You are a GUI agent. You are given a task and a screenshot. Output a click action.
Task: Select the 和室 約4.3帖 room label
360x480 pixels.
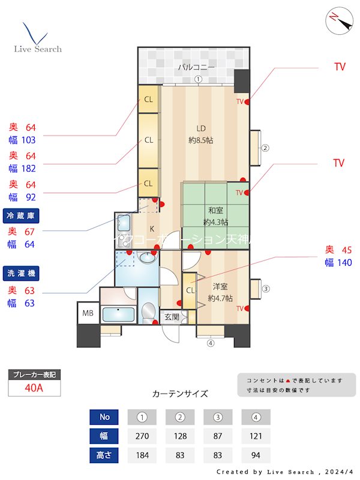(x=215, y=216)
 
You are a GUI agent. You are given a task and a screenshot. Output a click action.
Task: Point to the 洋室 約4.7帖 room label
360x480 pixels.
(x=220, y=292)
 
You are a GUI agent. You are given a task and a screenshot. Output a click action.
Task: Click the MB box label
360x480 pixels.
(x=88, y=313)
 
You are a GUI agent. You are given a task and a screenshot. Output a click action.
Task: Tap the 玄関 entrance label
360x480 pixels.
(x=171, y=317)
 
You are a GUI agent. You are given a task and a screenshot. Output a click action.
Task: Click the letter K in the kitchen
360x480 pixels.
(x=152, y=228)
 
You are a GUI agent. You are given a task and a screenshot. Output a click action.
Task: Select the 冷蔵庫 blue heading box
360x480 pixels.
(x=22, y=215)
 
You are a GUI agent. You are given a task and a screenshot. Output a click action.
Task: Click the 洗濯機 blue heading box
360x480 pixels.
(x=22, y=273)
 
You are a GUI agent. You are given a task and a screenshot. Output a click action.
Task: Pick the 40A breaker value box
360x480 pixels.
(x=34, y=388)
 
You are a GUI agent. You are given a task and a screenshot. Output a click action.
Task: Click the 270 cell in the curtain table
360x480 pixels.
(x=142, y=436)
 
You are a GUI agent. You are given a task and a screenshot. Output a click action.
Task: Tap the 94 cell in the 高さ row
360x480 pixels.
(x=256, y=455)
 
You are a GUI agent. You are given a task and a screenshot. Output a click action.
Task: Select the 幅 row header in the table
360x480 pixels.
(x=104, y=436)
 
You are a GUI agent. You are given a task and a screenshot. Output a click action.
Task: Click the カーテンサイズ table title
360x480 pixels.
(x=180, y=394)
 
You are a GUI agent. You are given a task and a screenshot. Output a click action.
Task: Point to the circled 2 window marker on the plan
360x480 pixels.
(x=265, y=148)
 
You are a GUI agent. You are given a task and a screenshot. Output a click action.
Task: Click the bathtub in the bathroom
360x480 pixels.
(x=117, y=314)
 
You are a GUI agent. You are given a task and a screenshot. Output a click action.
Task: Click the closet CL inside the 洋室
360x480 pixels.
(x=190, y=291)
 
